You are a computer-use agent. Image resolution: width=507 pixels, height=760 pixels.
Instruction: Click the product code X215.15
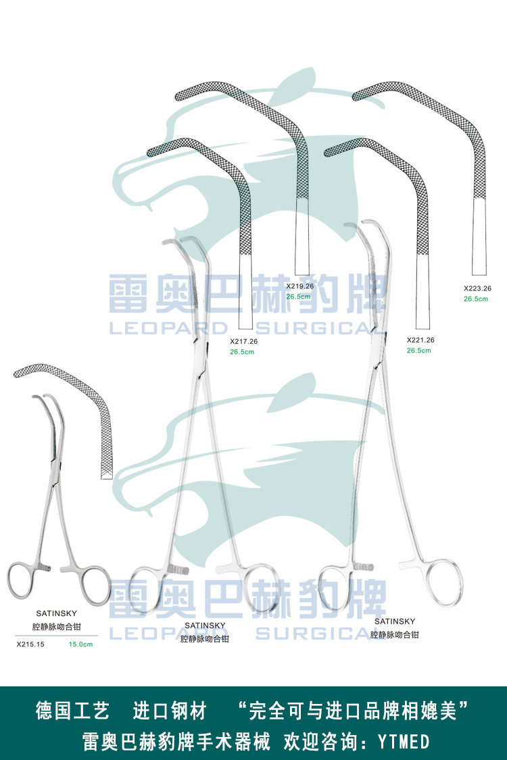[30, 644]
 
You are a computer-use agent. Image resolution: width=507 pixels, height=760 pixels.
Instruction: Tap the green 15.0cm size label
[80, 644]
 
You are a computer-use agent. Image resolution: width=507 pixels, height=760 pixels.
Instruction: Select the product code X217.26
[243, 341]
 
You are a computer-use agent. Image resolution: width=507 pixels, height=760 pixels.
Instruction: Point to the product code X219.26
[299, 286]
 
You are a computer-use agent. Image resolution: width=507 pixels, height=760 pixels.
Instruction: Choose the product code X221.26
[420, 340]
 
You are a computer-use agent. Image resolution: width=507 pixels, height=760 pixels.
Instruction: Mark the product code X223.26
[477, 288]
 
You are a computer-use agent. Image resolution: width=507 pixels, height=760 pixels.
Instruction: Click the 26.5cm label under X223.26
[476, 298]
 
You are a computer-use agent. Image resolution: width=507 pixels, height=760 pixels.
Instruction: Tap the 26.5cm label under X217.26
[242, 351]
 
